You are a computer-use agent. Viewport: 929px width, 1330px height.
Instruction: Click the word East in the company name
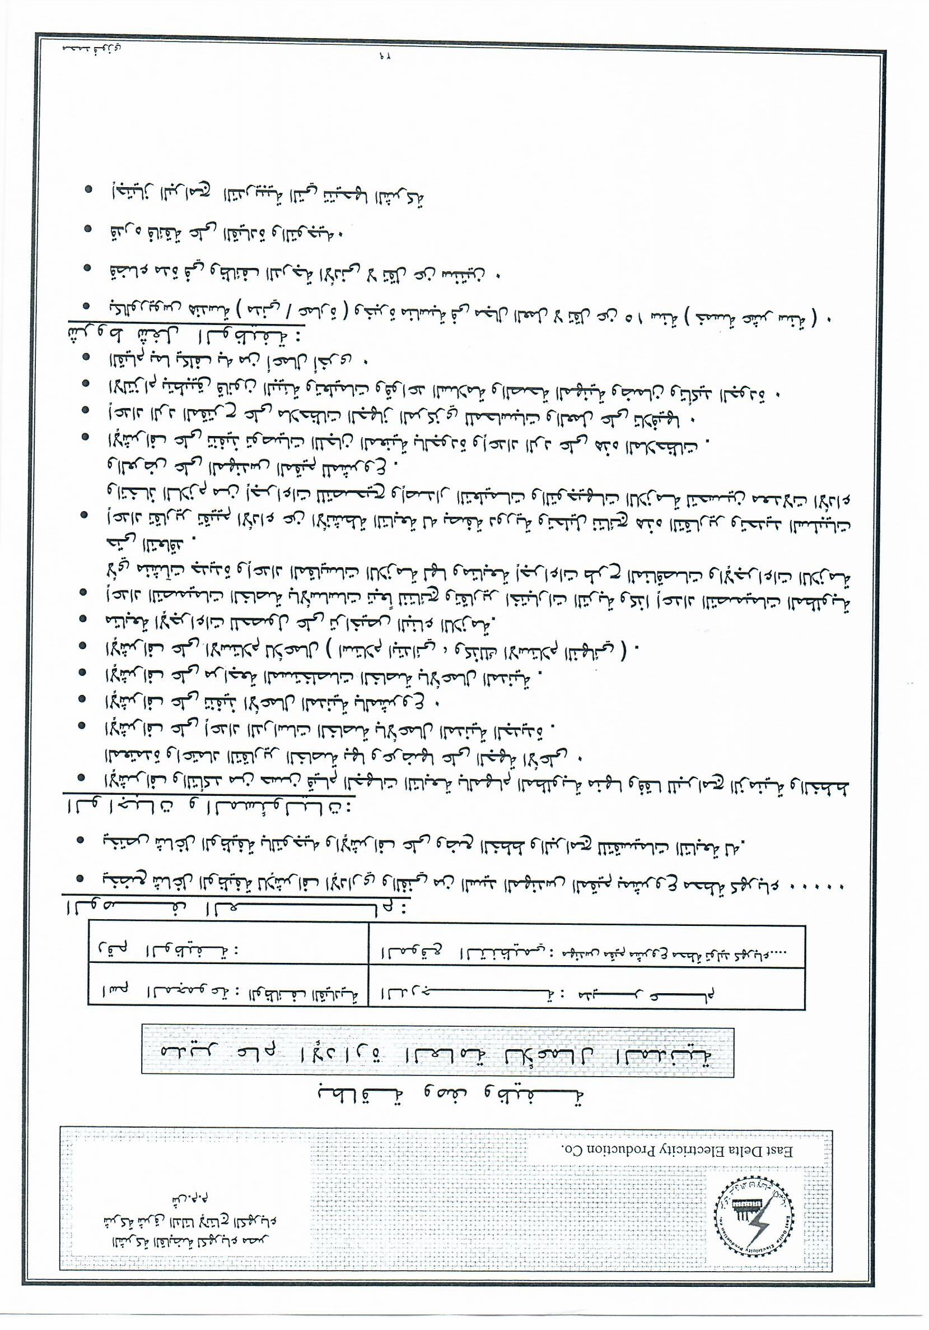click(781, 1151)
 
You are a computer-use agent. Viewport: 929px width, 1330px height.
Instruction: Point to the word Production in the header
click(616, 1151)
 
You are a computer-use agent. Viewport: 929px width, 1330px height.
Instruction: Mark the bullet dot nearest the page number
click(88, 190)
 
